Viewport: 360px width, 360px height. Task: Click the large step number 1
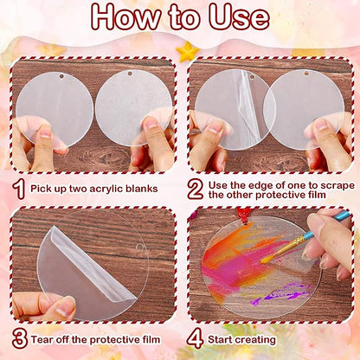pyautogui.click(x=19, y=185)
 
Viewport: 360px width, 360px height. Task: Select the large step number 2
pyautogui.click(x=196, y=185)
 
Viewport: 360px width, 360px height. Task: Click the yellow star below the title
pyautogui.click(x=186, y=52)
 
